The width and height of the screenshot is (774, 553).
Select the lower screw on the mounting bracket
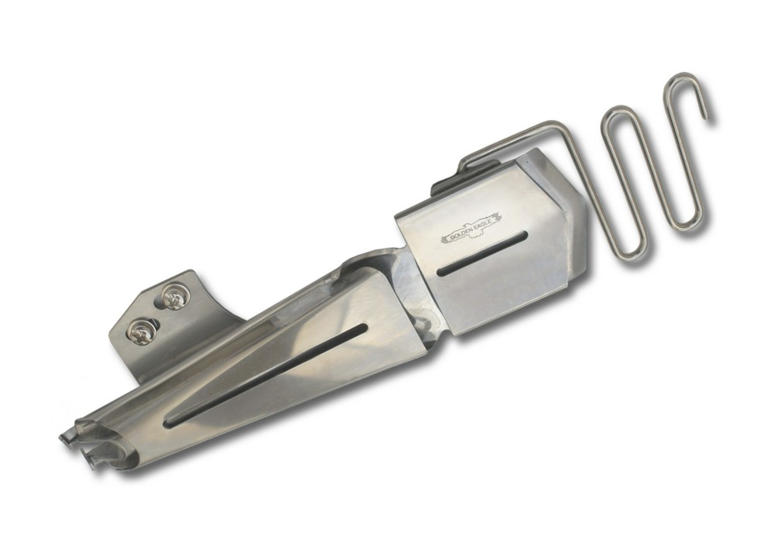pos(142,329)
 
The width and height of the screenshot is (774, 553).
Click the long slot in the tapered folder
pos(266,376)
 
